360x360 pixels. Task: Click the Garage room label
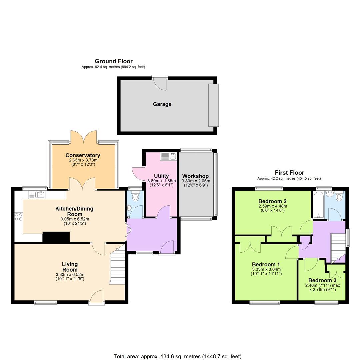(x=162, y=104)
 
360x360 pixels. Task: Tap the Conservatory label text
(x=83, y=155)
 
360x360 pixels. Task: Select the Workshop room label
(x=195, y=176)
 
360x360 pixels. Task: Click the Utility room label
(x=161, y=176)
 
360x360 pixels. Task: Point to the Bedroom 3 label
(x=322, y=280)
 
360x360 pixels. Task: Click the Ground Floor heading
(x=113, y=61)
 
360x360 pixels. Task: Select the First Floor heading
(x=289, y=172)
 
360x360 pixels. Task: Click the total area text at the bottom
(x=177, y=356)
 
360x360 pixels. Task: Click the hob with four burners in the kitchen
(x=19, y=217)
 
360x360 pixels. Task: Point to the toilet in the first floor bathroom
(x=339, y=196)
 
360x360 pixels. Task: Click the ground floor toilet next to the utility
(x=135, y=197)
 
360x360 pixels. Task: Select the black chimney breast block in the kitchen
(x=56, y=237)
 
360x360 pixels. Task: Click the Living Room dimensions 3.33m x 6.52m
(x=70, y=275)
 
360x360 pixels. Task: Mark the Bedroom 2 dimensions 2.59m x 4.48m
(x=273, y=206)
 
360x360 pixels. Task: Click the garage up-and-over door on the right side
(x=213, y=105)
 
